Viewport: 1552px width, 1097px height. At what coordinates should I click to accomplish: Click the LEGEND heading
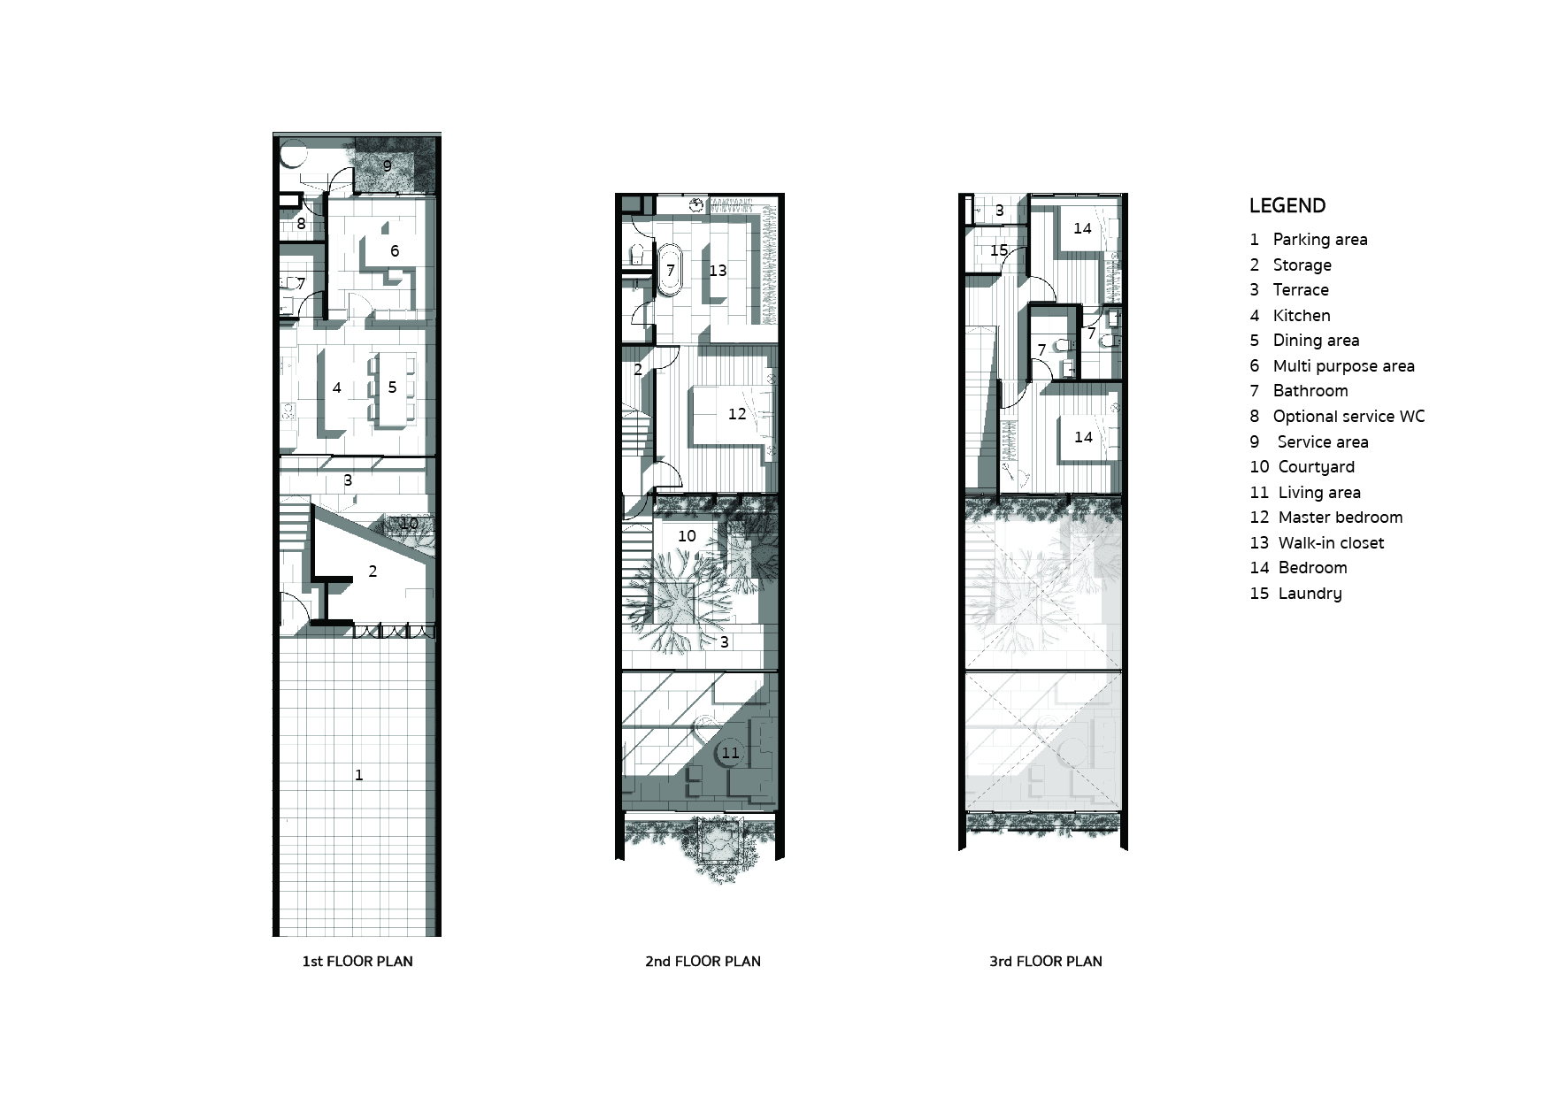[x=1287, y=206]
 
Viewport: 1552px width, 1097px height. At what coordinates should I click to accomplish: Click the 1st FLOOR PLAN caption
[x=357, y=962]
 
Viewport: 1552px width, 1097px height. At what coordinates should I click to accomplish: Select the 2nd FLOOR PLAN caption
[x=703, y=962]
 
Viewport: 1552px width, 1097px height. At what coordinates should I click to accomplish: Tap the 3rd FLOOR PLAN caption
[x=1045, y=962]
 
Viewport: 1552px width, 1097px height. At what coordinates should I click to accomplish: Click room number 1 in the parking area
[x=358, y=775]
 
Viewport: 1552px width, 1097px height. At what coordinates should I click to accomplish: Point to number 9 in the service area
[x=387, y=165]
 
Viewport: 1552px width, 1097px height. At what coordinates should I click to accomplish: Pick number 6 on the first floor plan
[x=395, y=251]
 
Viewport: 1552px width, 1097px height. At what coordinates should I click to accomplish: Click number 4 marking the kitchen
[x=337, y=387]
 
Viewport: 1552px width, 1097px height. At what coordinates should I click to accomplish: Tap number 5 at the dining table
[x=392, y=387]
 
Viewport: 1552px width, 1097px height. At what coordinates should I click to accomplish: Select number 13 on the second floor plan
[x=717, y=271]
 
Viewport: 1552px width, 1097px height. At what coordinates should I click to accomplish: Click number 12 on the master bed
[x=736, y=414]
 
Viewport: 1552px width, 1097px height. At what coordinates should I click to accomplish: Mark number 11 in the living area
[x=730, y=753]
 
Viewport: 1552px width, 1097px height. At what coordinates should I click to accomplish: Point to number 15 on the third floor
[x=999, y=250]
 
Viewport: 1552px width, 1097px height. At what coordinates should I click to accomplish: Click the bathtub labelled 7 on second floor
[x=671, y=270]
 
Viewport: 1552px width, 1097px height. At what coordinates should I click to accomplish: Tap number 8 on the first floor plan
[x=301, y=224]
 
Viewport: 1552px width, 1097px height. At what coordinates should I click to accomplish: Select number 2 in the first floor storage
[x=373, y=572]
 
